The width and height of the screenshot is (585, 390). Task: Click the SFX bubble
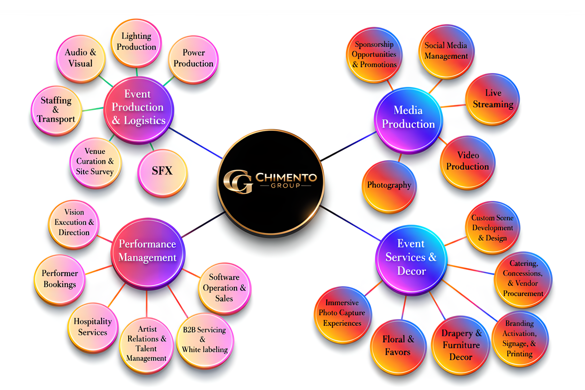(x=162, y=172)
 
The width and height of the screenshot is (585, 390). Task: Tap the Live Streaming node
(x=493, y=99)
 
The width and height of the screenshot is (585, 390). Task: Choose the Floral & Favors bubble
(x=398, y=346)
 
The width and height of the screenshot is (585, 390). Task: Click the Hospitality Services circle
(x=93, y=327)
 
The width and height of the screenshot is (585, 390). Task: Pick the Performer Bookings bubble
(x=60, y=279)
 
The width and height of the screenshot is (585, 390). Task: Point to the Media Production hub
(x=408, y=118)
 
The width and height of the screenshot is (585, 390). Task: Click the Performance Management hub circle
(x=148, y=252)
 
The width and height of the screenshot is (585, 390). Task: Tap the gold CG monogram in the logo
(x=238, y=181)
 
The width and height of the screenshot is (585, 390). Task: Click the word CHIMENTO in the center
(x=286, y=178)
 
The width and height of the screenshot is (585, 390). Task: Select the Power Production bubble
(x=193, y=59)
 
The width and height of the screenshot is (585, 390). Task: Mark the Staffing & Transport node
(x=56, y=110)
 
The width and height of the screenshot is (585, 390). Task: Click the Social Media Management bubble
(x=446, y=51)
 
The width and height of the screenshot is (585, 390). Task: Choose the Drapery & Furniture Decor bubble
(x=461, y=345)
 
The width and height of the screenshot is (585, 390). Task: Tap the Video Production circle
(x=468, y=161)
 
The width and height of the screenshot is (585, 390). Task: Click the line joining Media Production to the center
(x=348, y=147)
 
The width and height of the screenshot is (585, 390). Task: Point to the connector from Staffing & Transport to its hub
(x=93, y=109)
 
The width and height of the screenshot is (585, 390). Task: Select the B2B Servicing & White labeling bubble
(x=205, y=340)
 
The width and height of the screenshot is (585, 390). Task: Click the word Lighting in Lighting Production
(x=136, y=36)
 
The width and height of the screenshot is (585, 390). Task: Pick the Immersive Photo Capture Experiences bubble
(x=342, y=314)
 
